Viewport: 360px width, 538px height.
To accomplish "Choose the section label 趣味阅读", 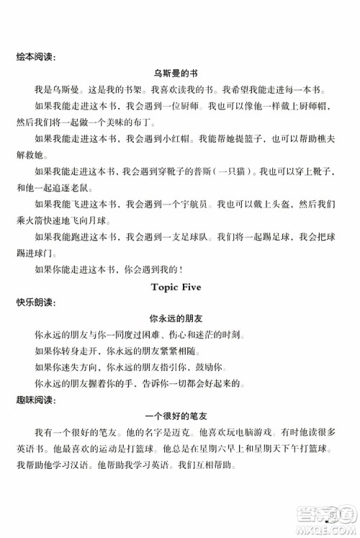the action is coord(32,398).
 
